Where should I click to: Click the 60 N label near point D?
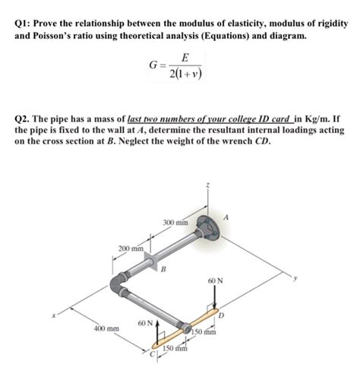tap(215, 281)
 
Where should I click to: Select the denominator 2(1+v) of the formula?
tap(185, 75)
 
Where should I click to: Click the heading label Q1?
tap(25, 24)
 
